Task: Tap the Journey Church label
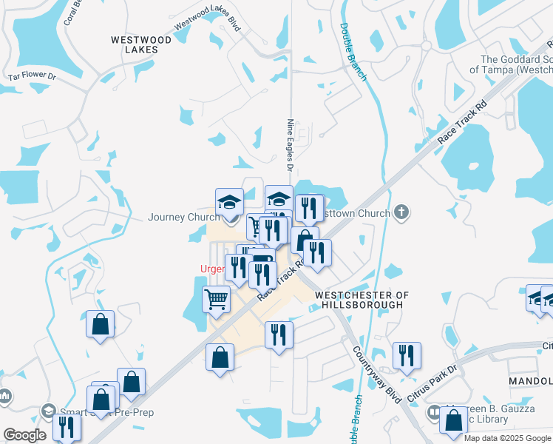[184, 218]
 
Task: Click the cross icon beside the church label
[401, 213]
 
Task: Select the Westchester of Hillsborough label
[361, 299]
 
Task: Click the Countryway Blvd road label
[377, 374]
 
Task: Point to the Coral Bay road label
[72, 11]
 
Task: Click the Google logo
[24, 435]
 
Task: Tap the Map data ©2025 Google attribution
[507, 438]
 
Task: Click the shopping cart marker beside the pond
[216, 300]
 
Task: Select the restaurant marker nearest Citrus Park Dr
[407, 355]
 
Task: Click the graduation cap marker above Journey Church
[229, 201]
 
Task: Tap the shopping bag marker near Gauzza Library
[453, 420]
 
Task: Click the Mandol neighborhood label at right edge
[530, 380]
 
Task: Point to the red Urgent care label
[212, 269]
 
